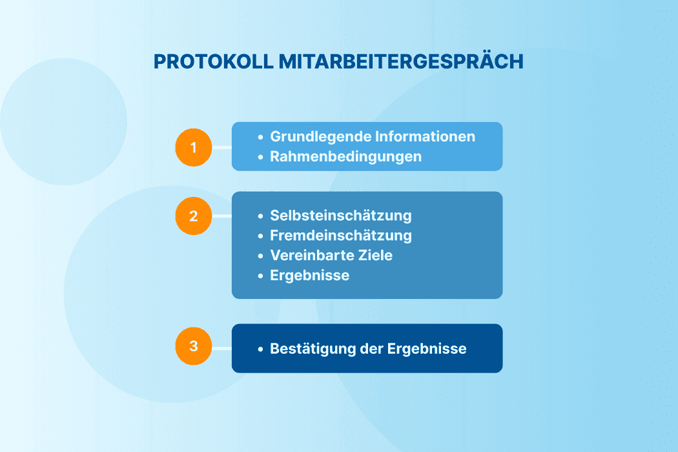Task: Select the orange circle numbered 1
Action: click(194, 148)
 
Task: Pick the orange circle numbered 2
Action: click(194, 216)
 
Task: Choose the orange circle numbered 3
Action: click(194, 346)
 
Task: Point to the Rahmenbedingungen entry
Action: click(345, 156)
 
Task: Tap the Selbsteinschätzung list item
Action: click(340, 216)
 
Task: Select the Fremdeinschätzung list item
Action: click(340, 236)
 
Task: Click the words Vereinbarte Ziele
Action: click(331, 255)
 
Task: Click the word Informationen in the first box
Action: click(426, 137)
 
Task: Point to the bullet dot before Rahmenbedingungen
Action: click(260, 157)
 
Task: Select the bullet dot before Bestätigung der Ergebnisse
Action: click(260, 349)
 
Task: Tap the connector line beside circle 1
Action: click(222, 148)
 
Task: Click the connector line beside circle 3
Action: click(222, 349)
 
